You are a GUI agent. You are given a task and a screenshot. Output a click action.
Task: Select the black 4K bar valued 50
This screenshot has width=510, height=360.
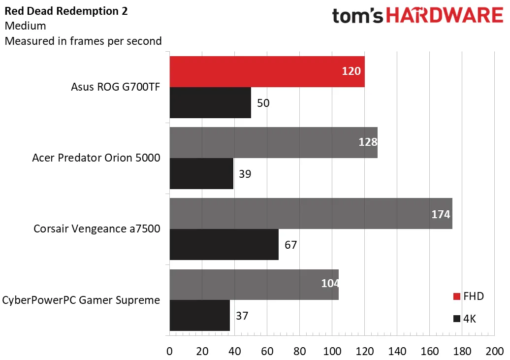pos(210,102)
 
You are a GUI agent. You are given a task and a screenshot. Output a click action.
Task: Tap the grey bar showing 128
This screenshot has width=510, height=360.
pos(273,142)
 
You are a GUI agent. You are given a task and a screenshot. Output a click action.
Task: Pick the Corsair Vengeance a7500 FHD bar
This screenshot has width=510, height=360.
pos(310,213)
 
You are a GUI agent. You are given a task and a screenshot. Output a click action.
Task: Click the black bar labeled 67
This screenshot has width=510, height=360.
pos(224,244)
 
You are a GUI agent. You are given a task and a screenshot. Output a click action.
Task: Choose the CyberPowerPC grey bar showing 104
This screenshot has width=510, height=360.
pos(254,284)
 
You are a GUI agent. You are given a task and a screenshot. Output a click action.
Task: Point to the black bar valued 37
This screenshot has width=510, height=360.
pos(199,315)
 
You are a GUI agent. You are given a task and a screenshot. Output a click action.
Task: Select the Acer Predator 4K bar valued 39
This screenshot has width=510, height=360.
pos(201,173)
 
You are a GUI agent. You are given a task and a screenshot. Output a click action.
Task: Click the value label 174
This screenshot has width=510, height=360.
pos(440,214)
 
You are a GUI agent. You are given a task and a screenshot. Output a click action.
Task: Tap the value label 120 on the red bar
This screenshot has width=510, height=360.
pos(351,71)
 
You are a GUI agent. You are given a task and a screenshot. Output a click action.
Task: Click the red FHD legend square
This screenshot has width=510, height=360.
pos(457,296)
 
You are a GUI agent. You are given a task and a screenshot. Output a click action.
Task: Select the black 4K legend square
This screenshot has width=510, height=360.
pos(457,319)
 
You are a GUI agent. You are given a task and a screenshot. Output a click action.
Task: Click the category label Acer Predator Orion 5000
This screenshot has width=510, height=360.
pos(96,158)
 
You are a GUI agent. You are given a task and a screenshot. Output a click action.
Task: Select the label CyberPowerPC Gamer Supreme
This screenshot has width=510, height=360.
pos(81,300)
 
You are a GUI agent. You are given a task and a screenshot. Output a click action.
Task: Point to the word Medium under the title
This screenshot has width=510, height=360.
pos(25,26)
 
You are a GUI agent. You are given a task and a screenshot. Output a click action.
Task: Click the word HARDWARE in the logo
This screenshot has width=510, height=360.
pos(445,16)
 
